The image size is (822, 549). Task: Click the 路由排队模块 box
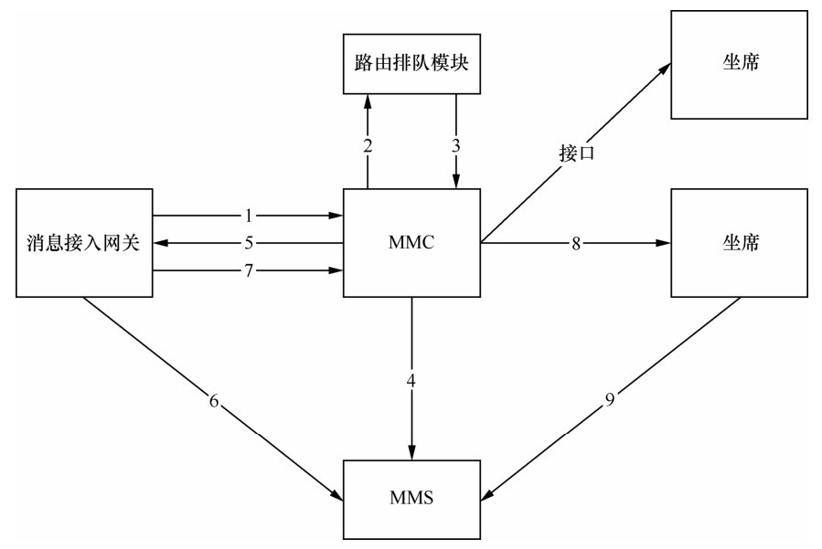click(411, 64)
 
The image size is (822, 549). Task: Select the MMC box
click(411, 243)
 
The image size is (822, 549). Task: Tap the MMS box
click(411, 498)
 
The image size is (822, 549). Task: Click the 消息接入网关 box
click(84, 243)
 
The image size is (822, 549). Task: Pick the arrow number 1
click(247, 216)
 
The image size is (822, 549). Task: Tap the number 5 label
click(247, 244)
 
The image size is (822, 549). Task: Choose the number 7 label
click(247, 270)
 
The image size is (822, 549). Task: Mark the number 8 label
click(575, 244)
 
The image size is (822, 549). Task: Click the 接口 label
click(576, 153)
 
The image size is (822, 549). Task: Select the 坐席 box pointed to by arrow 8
click(739, 243)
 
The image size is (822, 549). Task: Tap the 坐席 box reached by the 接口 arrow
click(739, 64)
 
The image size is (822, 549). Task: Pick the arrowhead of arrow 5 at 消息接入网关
click(160, 244)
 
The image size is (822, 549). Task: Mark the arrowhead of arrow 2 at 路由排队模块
click(368, 100)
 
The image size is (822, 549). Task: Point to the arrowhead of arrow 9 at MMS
click(487, 497)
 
